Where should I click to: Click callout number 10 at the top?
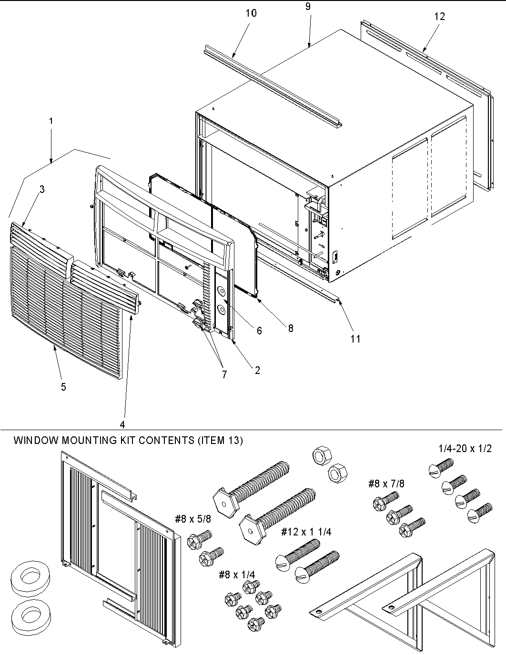click(251, 13)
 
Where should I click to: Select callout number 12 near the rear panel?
click(440, 16)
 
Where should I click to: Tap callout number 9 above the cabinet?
click(308, 7)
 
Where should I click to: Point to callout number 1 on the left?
click(51, 121)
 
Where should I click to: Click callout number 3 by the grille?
click(42, 190)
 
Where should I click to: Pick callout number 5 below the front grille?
click(63, 387)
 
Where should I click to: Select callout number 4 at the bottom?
click(122, 424)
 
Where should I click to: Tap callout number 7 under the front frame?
click(224, 374)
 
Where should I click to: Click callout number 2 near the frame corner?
click(257, 370)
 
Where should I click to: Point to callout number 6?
click(259, 331)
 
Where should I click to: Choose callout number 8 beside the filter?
click(290, 328)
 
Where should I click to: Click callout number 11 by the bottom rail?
click(355, 339)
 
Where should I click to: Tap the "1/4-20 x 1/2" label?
click(465, 448)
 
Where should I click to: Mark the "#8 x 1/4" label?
click(237, 575)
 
